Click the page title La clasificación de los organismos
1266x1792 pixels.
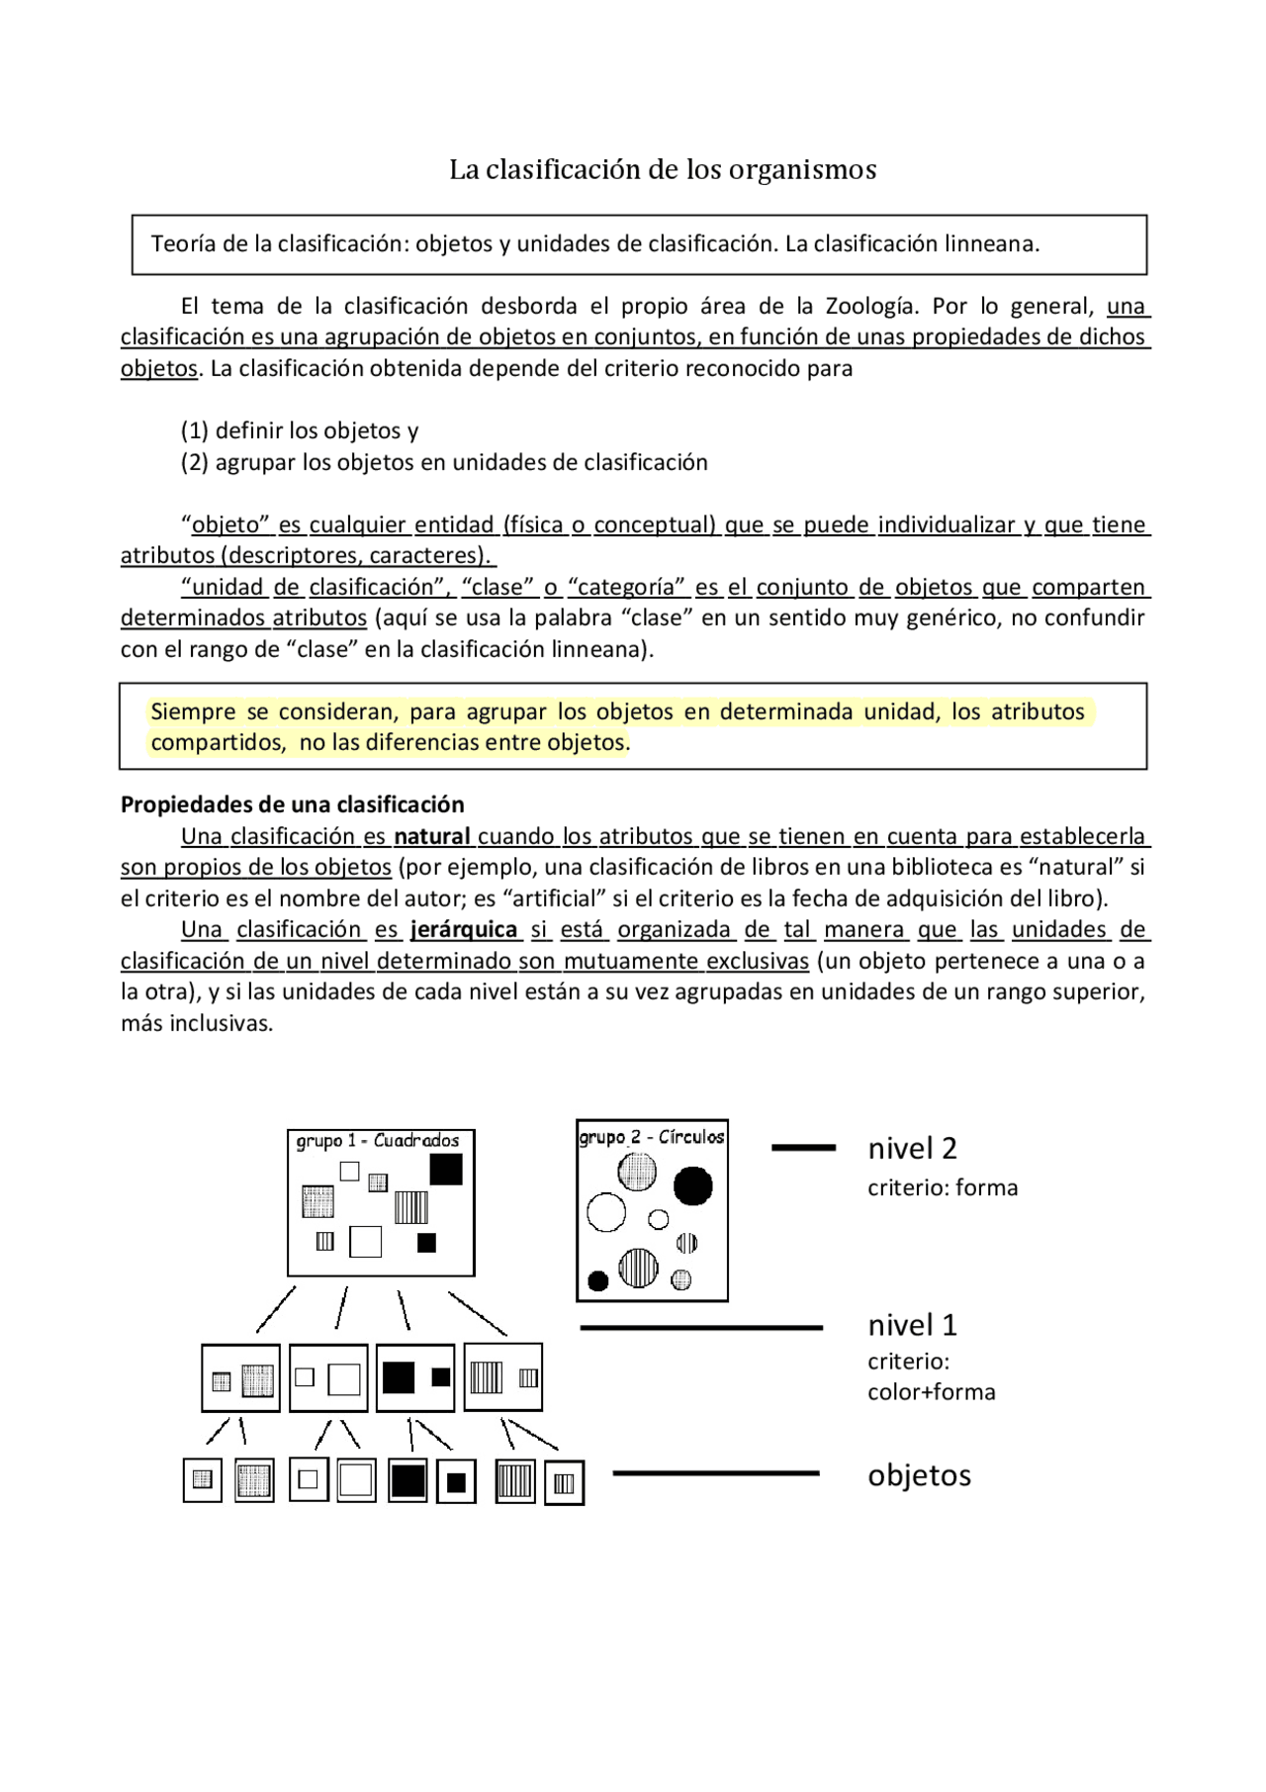coord(663,170)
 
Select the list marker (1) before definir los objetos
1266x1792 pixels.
coord(194,430)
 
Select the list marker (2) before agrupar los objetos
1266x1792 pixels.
coord(194,462)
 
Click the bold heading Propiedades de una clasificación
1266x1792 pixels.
coord(292,804)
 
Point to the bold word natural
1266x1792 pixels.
coord(431,836)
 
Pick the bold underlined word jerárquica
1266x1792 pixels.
coord(464,929)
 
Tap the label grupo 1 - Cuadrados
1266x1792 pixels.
coord(378,1141)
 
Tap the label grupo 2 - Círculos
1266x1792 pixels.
coord(652,1137)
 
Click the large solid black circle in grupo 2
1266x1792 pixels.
coord(692,1185)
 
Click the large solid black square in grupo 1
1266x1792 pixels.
coord(446,1170)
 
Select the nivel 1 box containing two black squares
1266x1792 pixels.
coord(415,1377)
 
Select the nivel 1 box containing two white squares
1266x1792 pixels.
coord(328,1377)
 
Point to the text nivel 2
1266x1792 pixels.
coord(912,1149)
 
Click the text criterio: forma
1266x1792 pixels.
coord(942,1187)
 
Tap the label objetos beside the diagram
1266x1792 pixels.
coord(919,1475)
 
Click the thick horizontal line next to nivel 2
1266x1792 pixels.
coord(803,1148)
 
